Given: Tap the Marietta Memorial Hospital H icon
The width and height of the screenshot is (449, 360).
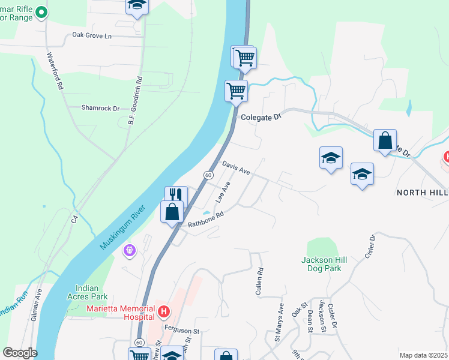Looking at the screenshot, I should click(x=163, y=311).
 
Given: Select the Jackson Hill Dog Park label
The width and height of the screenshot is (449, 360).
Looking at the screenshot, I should click(x=322, y=264).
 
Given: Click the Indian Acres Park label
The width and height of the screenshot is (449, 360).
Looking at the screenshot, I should click(x=91, y=292).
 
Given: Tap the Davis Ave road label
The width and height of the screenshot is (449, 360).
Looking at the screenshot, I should click(x=235, y=167).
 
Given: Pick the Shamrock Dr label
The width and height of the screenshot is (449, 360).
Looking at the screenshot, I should click(x=100, y=108).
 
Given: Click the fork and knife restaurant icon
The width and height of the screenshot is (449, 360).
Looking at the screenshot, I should click(x=176, y=195).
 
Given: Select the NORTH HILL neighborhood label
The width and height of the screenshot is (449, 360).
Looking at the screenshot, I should click(x=422, y=192).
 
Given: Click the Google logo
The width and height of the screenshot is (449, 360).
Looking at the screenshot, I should click(x=20, y=353).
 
